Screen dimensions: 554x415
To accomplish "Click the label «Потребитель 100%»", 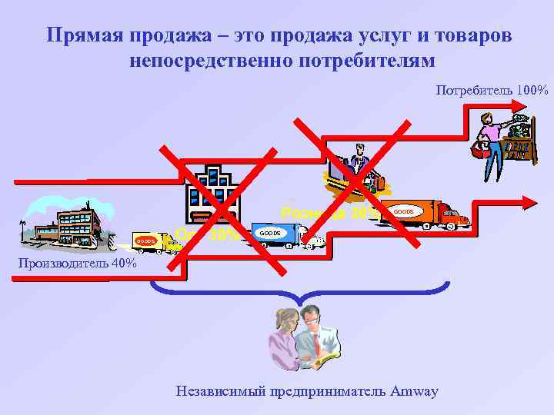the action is click(x=492, y=91).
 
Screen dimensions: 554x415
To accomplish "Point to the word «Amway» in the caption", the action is click(x=414, y=391).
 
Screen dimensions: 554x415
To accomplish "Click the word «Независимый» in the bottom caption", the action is click(x=220, y=391).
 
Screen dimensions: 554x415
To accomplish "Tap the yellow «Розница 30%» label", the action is click(x=327, y=212).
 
